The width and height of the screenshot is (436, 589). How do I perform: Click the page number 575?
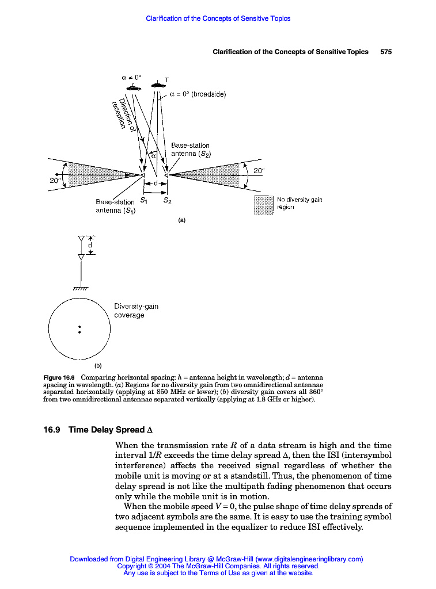[x=386, y=52]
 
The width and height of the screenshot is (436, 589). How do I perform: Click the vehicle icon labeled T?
[x=157, y=85]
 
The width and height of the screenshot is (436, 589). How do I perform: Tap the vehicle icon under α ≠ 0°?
[x=134, y=87]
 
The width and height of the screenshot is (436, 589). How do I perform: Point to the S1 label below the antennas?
[x=145, y=201]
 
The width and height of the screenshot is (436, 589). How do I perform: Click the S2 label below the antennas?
[x=167, y=201]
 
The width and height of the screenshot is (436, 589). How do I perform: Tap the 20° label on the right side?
[x=259, y=170]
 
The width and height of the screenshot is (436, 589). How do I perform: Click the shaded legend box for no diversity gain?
[x=263, y=204]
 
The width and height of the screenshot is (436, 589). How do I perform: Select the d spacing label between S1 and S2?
[x=155, y=183]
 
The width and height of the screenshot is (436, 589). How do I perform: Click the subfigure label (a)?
[x=181, y=220]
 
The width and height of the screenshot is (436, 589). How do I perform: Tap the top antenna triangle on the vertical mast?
[x=81, y=238]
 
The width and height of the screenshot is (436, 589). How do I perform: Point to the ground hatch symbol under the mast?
[x=81, y=289]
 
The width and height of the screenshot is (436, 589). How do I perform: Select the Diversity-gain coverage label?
[x=129, y=311]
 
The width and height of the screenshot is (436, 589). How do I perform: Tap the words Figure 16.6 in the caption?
[x=60, y=377]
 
